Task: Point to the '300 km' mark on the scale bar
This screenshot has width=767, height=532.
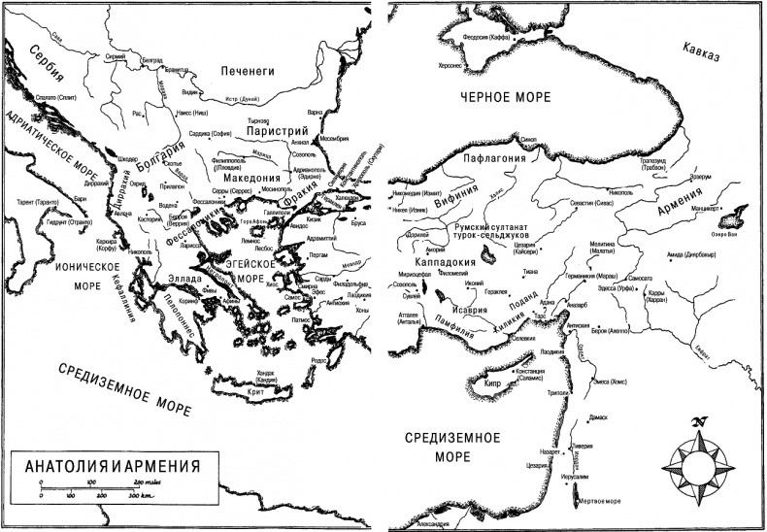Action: click(144, 496)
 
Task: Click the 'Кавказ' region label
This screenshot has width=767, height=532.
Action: click(704, 48)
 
